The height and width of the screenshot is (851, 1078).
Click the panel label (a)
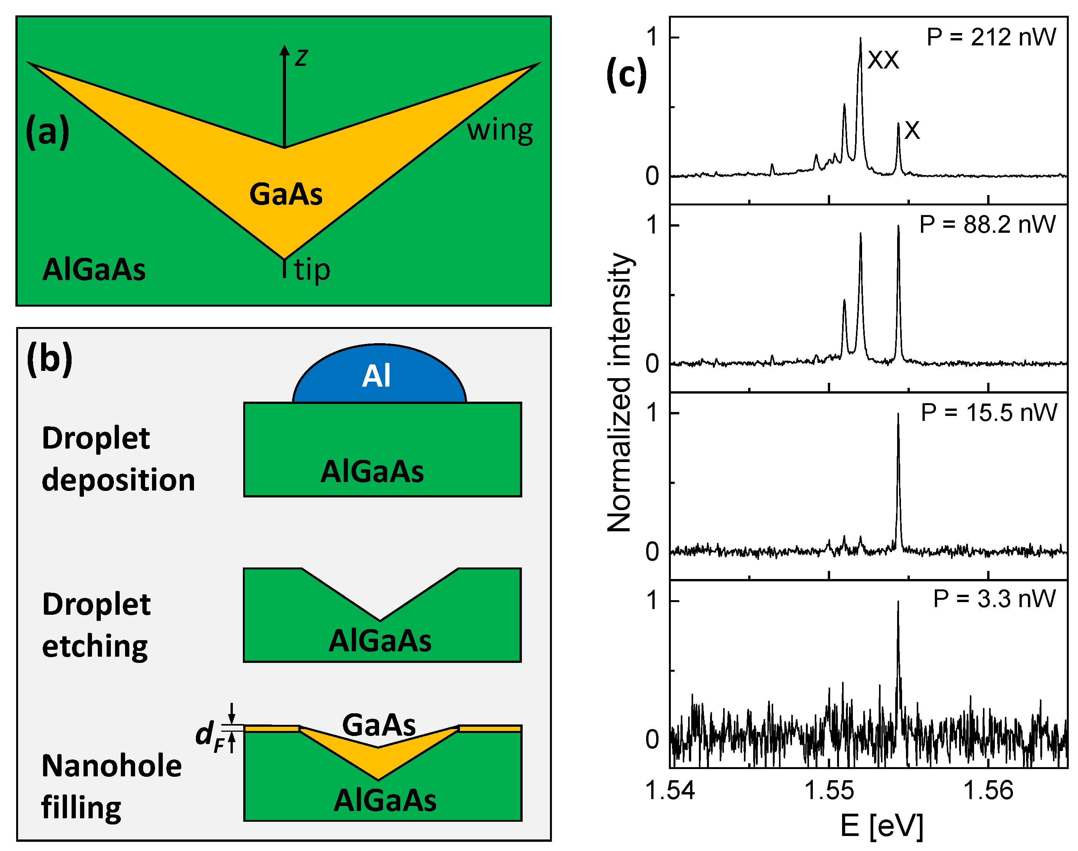[x=47, y=132]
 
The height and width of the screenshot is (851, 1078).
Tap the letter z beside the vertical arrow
[x=301, y=57]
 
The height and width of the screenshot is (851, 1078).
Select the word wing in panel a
[x=500, y=130]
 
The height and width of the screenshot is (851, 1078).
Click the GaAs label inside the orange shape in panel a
[x=286, y=194]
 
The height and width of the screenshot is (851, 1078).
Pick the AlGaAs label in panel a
[x=94, y=270]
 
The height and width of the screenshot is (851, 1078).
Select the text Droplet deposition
[x=118, y=459]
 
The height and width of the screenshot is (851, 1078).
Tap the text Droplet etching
[x=96, y=625]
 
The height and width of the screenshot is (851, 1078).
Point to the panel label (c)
[x=627, y=75]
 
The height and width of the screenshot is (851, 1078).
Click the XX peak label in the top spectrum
[x=883, y=61]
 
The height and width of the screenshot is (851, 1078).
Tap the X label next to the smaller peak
[x=912, y=130]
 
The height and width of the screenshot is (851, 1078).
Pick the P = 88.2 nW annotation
[x=987, y=225]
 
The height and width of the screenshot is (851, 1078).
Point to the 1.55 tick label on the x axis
[x=829, y=791]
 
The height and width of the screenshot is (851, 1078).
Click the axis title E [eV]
[x=882, y=826]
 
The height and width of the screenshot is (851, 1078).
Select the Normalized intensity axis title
[x=620, y=392]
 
